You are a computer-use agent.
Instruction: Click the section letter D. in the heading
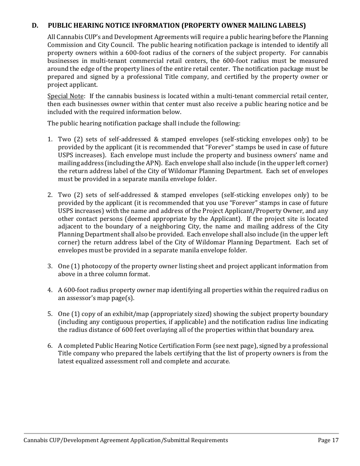coord(35,26)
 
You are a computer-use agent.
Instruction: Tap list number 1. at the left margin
coord(50,139)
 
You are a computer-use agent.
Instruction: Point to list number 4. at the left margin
coord(50,290)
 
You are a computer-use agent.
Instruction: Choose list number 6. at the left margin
coord(50,346)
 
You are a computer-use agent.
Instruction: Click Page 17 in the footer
coord(328,440)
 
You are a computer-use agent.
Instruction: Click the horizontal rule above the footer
coord(181,433)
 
